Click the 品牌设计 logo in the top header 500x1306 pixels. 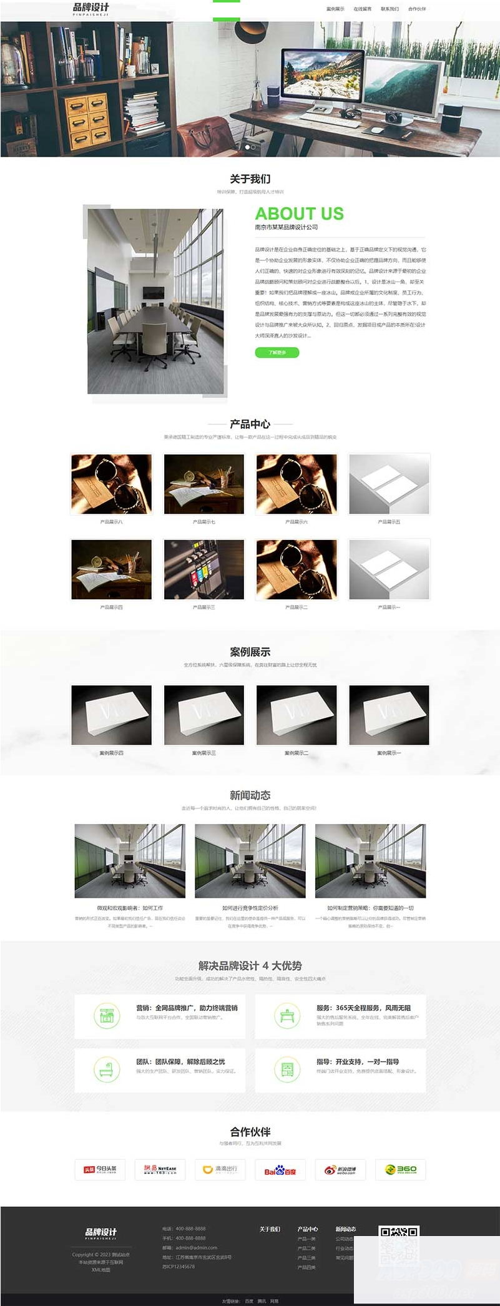(91, 9)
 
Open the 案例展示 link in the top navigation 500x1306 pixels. (335, 9)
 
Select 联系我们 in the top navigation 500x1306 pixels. (390, 9)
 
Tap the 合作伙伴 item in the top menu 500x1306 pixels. (417, 9)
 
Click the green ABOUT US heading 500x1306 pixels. (299, 214)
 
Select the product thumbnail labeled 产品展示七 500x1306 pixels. (204, 484)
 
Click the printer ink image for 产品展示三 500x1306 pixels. (204, 569)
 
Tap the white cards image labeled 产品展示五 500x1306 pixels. (389, 484)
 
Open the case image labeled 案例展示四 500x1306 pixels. (112, 715)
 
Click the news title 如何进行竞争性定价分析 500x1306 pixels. (250, 908)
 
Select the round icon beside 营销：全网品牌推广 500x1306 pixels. (107, 1016)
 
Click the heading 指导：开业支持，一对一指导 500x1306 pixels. (357, 1061)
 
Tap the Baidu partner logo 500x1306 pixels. (280, 1170)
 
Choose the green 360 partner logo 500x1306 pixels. (401, 1169)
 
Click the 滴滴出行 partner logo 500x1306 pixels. (220, 1169)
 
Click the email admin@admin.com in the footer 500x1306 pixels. (196, 1247)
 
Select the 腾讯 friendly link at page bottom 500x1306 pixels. (262, 1301)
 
